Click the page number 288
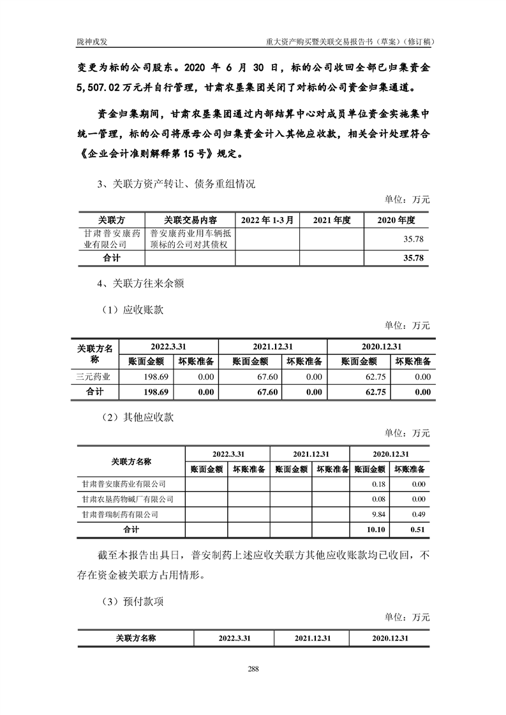click(x=253, y=669)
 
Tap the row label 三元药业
click(x=94, y=377)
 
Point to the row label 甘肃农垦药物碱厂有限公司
click(x=124, y=499)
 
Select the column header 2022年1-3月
click(x=267, y=220)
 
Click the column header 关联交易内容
click(x=190, y=220)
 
